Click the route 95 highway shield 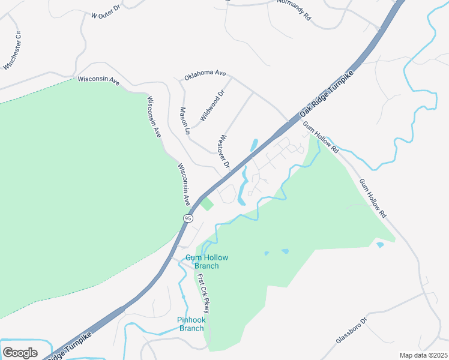tap(188, 219)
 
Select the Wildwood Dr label tap(211, 105)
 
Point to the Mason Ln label tap(185, 121)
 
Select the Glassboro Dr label tap(351, 339)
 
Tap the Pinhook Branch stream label tap(191, 324)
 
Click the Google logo tap(20, 353)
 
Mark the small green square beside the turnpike tap(206, 204)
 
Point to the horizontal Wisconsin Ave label tap(98, 80)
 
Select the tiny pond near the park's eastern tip tap(379, 245)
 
